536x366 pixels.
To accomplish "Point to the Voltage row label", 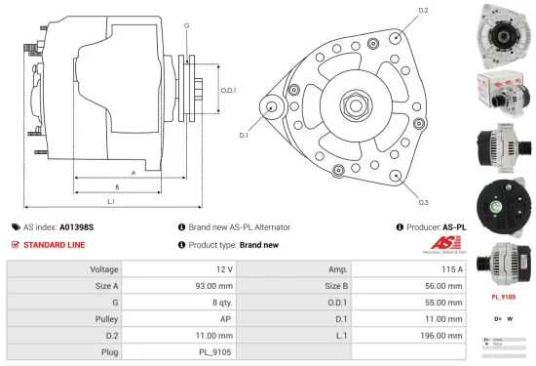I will click(x=104, y=268).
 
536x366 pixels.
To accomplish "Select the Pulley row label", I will click(x=107, y=318).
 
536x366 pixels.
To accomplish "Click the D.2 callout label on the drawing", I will click(x=423, y=11).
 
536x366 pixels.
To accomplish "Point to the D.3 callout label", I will click(x=423, y=202).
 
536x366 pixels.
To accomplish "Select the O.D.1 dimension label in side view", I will click(x=229, y=90).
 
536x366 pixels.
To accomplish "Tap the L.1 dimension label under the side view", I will click(x=111, y=201).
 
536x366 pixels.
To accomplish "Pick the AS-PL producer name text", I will click(x=454, y=226).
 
